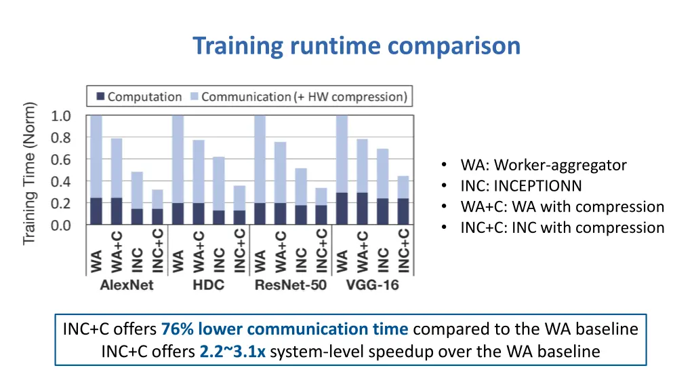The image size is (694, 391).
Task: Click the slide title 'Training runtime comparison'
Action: click(356, 46)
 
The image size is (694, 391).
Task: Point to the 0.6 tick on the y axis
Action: click(61, 160)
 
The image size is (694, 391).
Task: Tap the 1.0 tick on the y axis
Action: click(61, 116)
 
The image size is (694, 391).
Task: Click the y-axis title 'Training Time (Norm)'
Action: click(29, 173)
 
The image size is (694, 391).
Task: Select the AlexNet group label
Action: click(127, 284)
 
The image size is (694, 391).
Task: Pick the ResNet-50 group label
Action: click(291, 284)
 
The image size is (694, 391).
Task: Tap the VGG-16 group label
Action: click(373, 284)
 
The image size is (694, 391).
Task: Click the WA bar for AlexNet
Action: click(96, 170)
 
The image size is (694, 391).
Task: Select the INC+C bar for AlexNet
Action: click(157, 207)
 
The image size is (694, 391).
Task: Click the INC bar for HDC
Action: click(219, 190)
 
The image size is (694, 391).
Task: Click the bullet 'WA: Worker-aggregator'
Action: click(543, 165)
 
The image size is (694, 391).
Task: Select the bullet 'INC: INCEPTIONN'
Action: click(520, 186)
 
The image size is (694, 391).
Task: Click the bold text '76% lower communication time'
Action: click(285, 329)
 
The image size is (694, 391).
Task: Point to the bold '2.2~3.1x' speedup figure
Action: click(232, 352)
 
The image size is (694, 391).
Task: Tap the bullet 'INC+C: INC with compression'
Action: click(562, 227)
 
